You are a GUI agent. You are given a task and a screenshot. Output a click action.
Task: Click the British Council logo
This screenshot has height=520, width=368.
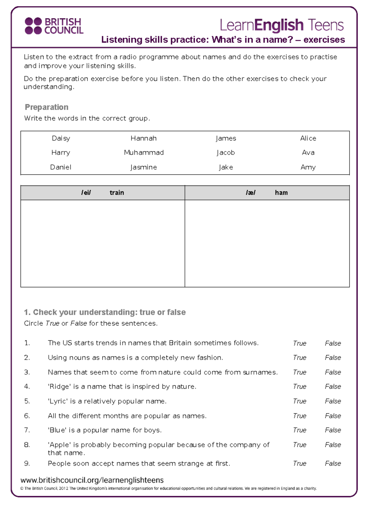(x=54, y=26)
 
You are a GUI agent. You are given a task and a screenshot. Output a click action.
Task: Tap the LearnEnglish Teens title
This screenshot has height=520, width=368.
(x=282, y=25)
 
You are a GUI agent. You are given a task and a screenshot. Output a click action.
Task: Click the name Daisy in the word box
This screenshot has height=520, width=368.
(x=61, y=138)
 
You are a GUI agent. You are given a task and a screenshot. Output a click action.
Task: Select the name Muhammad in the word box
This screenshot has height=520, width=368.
(x=144, y=153)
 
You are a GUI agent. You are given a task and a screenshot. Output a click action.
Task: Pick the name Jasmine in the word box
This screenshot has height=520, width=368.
(x=144, y=167)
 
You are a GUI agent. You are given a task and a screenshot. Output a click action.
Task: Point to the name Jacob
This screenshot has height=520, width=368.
(x=226, y=153)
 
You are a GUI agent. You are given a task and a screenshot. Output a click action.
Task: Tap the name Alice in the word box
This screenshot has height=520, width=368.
(x=308, y=138)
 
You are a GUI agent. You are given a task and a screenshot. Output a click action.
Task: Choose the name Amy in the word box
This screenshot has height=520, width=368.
(x=308, y=167)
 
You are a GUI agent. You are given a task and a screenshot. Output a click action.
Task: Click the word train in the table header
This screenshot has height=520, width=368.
(x=117, y=193)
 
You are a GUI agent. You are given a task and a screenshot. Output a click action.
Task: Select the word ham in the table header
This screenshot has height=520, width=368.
(x=281, y=193)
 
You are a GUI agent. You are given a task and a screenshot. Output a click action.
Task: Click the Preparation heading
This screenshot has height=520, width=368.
(x=47, y=107)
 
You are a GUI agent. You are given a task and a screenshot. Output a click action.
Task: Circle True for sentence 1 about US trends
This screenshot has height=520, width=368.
(x=299, y=343)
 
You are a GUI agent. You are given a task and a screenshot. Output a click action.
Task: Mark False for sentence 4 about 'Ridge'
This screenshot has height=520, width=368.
(x=333, y=387)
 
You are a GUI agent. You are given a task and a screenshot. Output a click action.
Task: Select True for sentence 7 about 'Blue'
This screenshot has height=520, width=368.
(x=299, y=430)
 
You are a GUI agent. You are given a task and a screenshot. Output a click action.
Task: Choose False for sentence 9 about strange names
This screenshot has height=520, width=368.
(x=333, y=464)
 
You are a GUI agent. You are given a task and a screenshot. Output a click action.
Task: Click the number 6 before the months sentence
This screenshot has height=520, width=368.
(x=27, y=416)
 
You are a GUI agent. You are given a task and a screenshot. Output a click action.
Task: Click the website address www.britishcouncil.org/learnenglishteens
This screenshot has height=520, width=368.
(x=92, y=480)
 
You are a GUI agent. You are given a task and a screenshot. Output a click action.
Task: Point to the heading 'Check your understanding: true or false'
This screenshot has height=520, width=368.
(x=105, y=312)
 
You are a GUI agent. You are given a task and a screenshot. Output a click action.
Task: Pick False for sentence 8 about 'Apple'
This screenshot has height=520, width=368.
(x=333, y=445)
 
